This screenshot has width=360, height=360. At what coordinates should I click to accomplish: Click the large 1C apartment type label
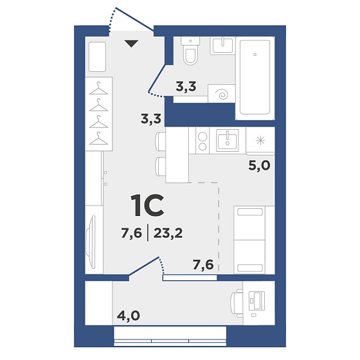[147, 206]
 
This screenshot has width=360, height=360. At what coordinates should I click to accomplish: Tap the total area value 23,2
[168, 233]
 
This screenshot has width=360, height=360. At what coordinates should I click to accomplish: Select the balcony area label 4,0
[129, 316]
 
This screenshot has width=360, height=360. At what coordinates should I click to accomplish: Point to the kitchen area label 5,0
[259, 165]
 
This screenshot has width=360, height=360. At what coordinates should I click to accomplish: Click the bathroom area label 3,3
[186, 87]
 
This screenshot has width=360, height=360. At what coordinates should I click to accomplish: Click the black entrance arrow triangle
[131, 44]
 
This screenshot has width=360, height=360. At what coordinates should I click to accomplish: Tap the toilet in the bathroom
[190, 51]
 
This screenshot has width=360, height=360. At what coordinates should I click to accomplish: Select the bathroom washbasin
[222, 46]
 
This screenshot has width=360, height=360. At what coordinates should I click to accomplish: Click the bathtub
[255, 78]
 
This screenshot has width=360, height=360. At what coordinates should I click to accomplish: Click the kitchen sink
[228, 140]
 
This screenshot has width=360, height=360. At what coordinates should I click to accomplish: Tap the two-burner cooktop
[203, 141]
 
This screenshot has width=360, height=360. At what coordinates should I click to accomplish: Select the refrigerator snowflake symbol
[260, 140]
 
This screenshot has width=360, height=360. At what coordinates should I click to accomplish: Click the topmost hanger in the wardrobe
[99, 89]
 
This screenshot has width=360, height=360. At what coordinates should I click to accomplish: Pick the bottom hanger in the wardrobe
[99, 139]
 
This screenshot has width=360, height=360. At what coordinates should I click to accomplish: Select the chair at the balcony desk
[237, 303]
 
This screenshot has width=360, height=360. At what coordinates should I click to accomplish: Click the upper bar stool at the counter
[160, 141]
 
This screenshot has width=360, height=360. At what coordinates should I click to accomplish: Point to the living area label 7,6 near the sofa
[203, 265]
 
